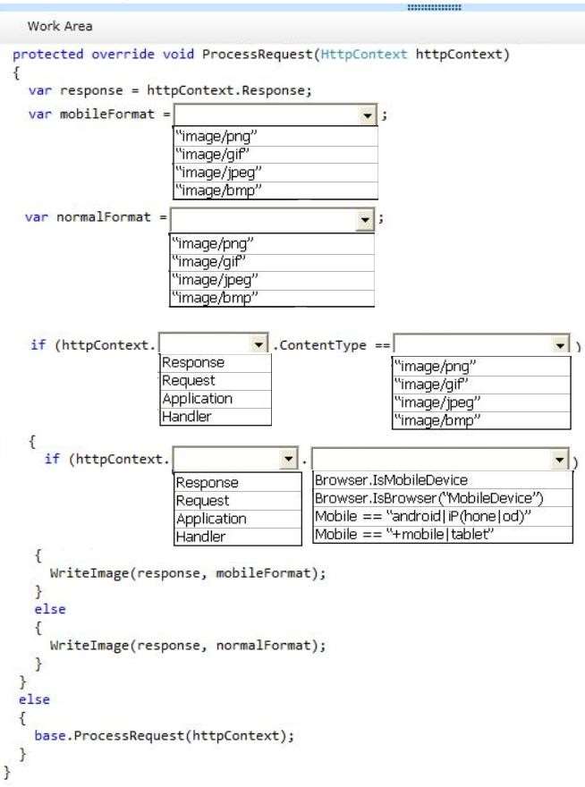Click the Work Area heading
(60, 26)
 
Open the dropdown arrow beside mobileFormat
(368, 115)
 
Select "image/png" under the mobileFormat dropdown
(216, 137)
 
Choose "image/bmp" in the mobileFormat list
(218, 190)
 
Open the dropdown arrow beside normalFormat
(365, 220)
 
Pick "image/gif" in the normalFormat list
(209, 261)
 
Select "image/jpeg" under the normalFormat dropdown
(216, 280)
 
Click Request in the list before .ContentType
(189, 381)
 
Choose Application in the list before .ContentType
(198, 399)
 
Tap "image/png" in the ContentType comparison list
(435, 367)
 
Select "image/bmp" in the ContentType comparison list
(437, 420)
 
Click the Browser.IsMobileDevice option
(391, 480)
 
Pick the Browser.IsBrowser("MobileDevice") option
(429, 498)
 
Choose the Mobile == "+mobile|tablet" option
(404, 535)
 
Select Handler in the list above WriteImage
(201, 537)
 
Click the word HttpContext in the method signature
(364, 55)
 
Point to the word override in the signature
(123, 55)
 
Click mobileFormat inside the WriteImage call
(263, 573)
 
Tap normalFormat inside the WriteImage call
(263, 646)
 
